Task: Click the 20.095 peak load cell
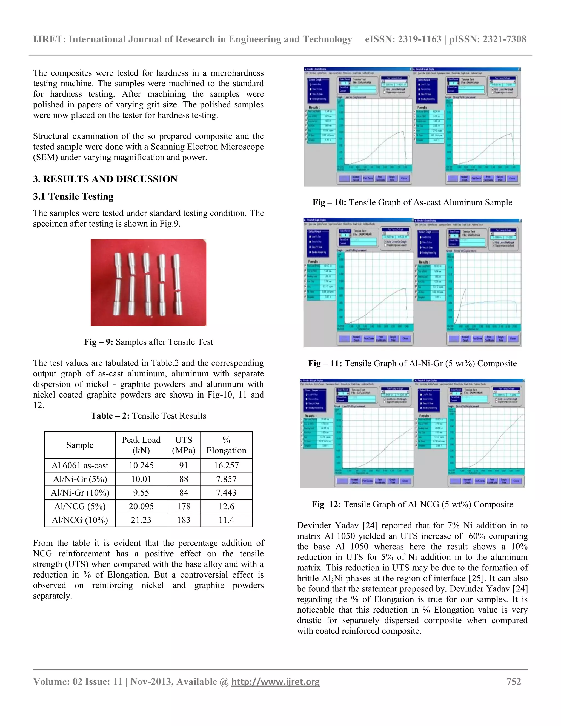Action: point(141,506)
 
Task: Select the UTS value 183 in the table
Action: point(184,520)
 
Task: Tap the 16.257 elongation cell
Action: point(226,465)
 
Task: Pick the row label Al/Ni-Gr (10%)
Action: point(80,493)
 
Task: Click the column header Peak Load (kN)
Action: point(141,445)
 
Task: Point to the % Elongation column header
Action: point(226,445)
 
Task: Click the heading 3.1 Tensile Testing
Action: point(73,196)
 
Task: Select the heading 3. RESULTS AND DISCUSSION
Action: point(105,179)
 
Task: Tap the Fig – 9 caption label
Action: point(98,342)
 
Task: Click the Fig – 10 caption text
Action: point(412,202)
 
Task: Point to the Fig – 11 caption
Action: point(412,363)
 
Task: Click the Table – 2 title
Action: point(148,416)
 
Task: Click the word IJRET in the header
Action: point(49,39)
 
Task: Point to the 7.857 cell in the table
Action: point(226,479)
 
